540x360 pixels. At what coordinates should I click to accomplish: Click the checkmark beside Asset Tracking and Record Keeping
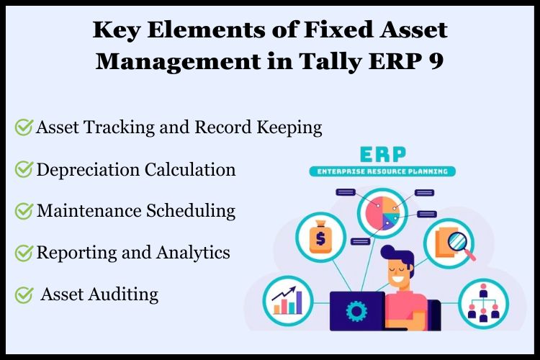[x=24, y=128]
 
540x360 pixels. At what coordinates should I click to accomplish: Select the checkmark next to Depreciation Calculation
[x=24, y=170]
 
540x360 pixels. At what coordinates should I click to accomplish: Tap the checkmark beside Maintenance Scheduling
[x=24, y=211]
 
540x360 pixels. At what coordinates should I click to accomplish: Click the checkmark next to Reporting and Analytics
[x=24, y=253]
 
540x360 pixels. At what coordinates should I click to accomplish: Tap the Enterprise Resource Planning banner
[x=382, y=172]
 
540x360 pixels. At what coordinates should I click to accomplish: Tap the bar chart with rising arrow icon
[x=288, y=302]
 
